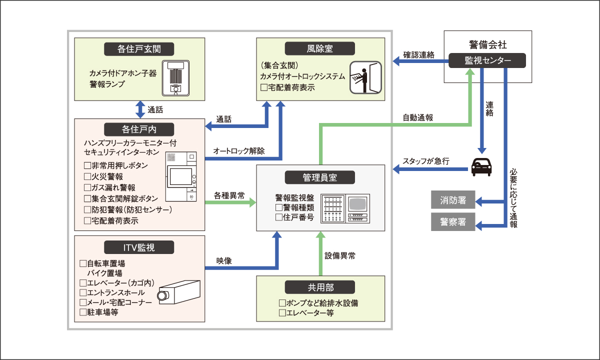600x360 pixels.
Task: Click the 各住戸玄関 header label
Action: tap(139, 48)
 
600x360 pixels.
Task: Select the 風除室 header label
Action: tap(320, 48)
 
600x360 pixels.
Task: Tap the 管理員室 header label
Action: tap(320, 177)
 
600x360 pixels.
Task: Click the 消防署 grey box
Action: tap(453, 200)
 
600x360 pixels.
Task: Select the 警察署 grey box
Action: tap(453, 222)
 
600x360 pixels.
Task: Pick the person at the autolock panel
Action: tap(365, 77)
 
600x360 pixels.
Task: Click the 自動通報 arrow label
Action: tap(418, 118)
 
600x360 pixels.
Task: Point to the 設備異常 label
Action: tap(340, 256)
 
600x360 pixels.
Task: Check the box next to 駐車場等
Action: tap(83, 312)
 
